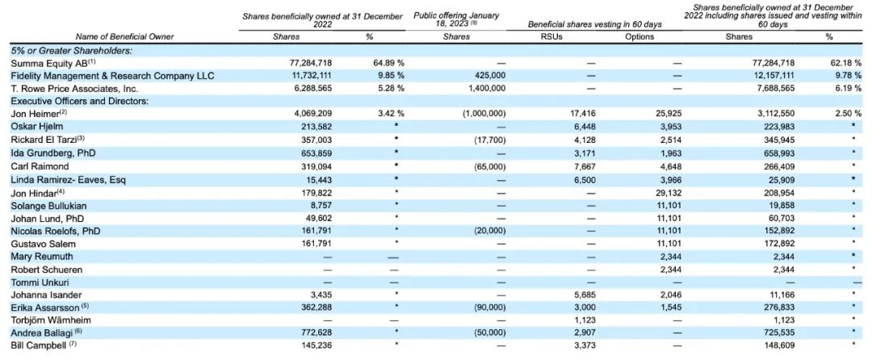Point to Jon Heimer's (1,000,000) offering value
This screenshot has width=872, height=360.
pos(484,114)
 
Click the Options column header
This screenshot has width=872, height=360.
pos(639,37)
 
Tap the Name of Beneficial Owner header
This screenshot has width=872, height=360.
pos(125,37)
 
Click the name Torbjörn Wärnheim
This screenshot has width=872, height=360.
pos(50,320)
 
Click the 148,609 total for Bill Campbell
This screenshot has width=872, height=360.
pos(780,345)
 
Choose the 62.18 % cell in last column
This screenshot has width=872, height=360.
pos(845,63)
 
